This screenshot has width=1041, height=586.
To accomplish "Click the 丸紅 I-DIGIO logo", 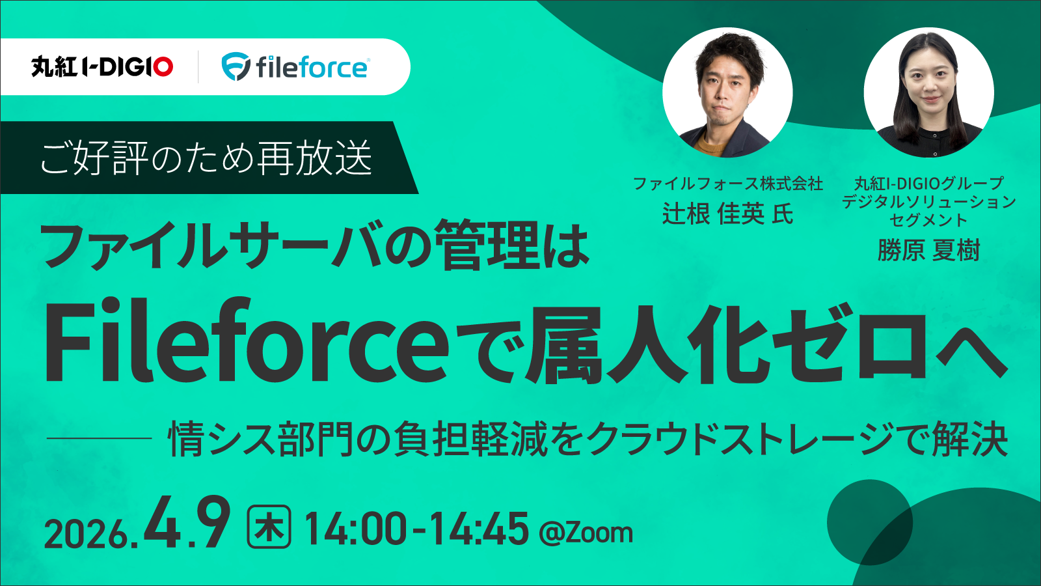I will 102,66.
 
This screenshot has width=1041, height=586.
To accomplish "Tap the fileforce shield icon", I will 236,66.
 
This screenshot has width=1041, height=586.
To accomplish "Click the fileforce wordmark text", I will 312,67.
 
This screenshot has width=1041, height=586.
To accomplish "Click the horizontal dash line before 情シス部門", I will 99,438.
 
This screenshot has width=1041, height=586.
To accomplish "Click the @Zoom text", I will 586,533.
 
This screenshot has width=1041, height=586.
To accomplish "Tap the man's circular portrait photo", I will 727,92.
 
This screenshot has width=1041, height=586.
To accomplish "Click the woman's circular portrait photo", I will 928,92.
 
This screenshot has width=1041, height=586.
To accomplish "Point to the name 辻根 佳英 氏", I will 727,214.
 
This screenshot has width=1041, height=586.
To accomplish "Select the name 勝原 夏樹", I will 928,250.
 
